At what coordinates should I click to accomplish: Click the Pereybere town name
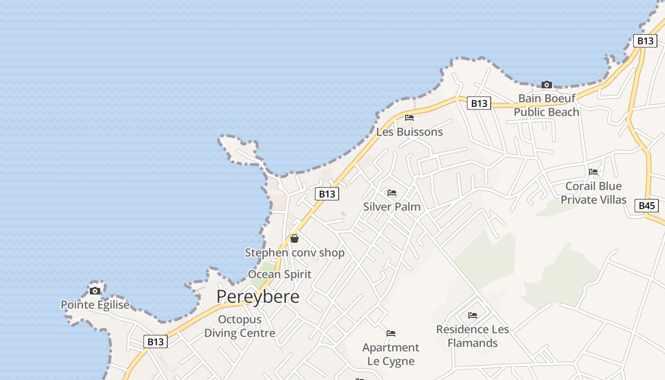pos(258,296)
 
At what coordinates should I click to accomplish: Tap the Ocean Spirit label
pos(280,274)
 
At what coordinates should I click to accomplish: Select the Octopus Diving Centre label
pos(239,326)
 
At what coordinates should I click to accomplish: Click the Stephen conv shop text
pos(294,253)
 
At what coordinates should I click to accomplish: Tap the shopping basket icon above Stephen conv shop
pos(294,238)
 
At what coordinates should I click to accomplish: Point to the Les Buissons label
pos(409,132)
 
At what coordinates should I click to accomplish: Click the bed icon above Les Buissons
pos(409,118)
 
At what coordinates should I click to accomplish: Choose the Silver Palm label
pos(392,207)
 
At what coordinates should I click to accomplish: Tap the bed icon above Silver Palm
pos(392,193)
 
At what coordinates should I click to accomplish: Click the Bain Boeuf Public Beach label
pos(547,105)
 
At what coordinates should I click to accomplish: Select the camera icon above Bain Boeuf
pos(547,85)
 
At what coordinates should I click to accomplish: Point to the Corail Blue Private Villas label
pos(593,193)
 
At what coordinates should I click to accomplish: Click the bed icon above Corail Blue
pos(593,172)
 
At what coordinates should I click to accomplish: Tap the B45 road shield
pos(646,206)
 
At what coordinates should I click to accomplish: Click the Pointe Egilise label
pos(95,305)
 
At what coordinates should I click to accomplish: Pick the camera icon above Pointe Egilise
pos(95,291)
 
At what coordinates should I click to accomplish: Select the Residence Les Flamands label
pos(472,336)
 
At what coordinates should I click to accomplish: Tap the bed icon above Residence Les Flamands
pos(472,315)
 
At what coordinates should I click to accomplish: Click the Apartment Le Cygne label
pos(391,354)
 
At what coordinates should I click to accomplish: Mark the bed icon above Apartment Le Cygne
pos(391,333)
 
